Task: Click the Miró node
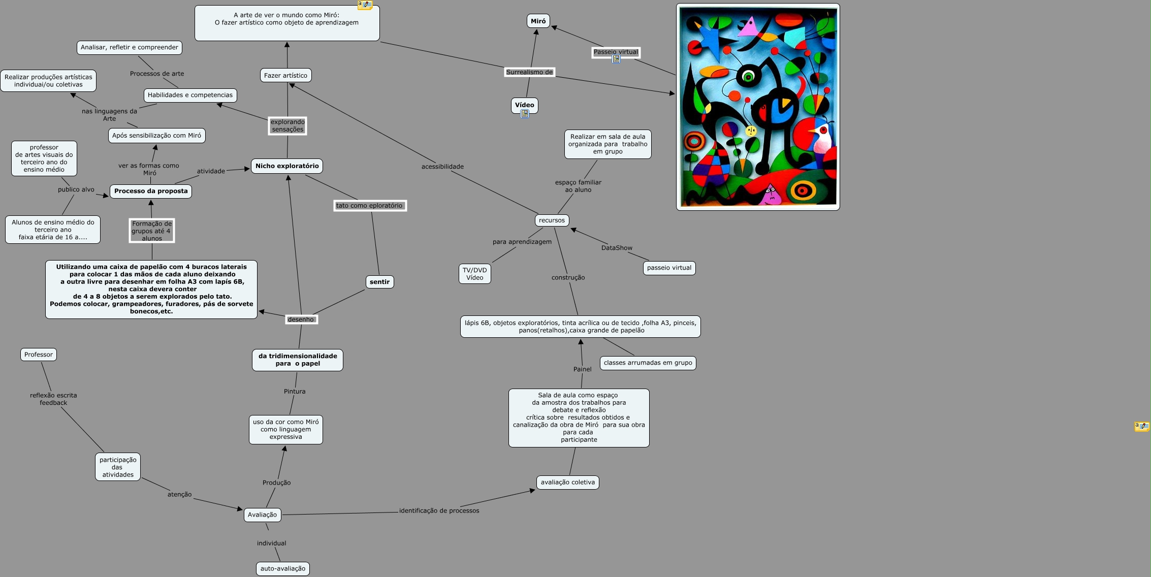[538, 21]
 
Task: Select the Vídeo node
[524, 105]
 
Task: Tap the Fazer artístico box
[285, 76]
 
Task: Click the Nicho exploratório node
[287, 166]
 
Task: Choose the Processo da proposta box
[151, 191]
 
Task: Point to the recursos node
[552, 220]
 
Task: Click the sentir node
[379, 282]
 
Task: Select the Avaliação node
[262, 515]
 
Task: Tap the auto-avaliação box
[283, 569]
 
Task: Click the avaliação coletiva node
[567, 483]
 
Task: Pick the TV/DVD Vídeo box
[474, 274]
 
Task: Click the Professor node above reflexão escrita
[39, 355]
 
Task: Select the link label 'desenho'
[301, 319]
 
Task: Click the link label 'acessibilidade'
[442, 167]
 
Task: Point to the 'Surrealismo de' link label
[529, 72]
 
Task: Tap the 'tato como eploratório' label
[369, 206]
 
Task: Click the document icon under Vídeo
[525, 114]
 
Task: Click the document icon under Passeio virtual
[616, 59]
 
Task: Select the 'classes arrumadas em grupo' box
[648, 363]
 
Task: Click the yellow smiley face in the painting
[751, 131]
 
